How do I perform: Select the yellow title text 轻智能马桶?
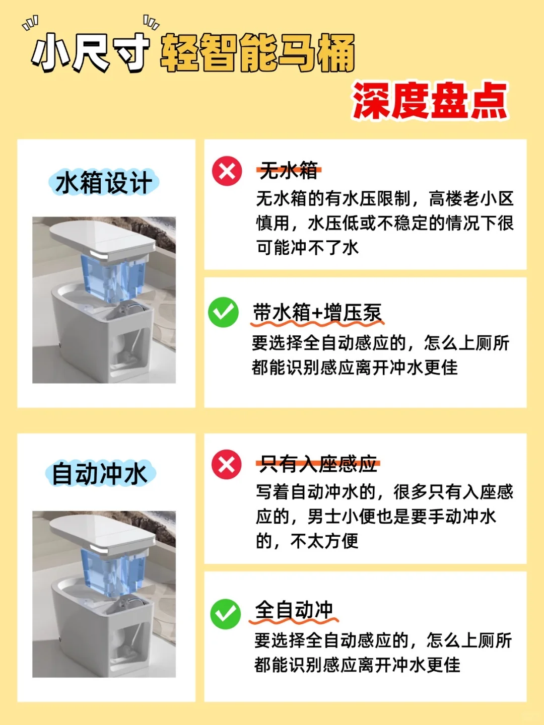pos(257,53)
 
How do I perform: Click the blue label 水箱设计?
pos(104,183)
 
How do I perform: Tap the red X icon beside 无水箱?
pos(227,171)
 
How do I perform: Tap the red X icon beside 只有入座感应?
pos(227,464)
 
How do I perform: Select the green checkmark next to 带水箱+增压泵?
pos(223,312)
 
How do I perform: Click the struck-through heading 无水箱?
pos(289,171)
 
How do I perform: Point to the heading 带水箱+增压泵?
pos(317,313)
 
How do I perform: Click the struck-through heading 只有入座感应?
pos(318,464)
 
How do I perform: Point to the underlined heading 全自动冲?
pos(294,610)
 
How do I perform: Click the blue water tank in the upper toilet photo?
pos(113,278)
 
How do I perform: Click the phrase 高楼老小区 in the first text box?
pos(471,199)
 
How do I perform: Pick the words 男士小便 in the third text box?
pos(342,517)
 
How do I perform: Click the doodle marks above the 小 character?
pos(30,23)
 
